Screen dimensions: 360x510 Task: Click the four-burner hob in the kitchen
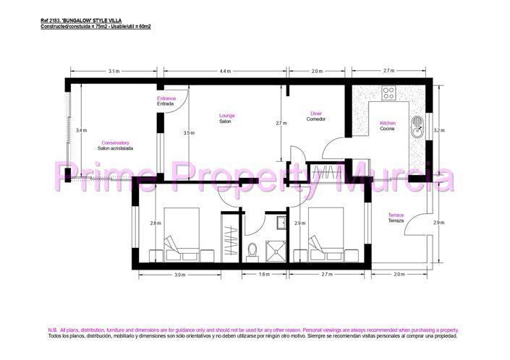click(x=389, y=93)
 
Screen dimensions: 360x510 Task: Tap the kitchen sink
click(x=417, y=128)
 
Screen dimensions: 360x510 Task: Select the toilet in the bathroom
click(x=252, y=250)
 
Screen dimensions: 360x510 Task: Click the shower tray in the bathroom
click(x=276, y=248)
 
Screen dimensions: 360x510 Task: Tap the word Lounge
click(x=227, y=116)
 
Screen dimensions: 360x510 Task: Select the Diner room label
click(x=316, y=113)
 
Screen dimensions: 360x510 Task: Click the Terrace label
click(x=396, y=215)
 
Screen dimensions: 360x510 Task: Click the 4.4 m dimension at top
click(x=225, y=71)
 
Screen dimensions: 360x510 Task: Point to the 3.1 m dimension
click(x=114, y=71)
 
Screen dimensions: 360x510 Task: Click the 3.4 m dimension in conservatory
click(x=82, y=130)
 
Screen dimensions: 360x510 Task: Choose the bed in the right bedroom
click(x=325, y=235)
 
